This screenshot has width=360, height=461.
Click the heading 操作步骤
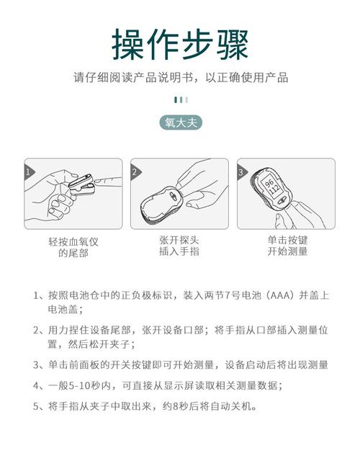(x=180, y=45)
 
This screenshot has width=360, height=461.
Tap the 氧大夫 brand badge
(x=181, y=123)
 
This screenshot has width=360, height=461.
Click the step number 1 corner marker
(x=29, y=171)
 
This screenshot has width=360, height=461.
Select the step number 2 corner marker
(x=135, y=171)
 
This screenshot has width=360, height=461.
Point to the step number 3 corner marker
(x=242, y=171)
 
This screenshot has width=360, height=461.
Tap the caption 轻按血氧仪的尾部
(x=73, y=247)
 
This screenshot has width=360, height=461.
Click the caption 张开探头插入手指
(x=179, y=246)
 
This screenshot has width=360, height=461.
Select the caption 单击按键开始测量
(x=287, y=246)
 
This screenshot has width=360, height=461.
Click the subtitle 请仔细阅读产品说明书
(x=133, y=78)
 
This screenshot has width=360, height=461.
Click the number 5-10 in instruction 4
(x=79, y=385)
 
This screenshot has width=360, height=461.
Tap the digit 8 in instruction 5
(x=176, y=406)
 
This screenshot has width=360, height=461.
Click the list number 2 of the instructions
(x=36, y=330)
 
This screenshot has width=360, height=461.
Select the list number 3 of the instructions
(x=36, y=365)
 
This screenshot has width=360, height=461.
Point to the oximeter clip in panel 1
(x=81, y=184)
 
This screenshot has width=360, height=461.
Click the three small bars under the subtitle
(x=181, y=100)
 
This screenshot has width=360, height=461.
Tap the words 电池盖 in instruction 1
(x=63, y=309)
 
